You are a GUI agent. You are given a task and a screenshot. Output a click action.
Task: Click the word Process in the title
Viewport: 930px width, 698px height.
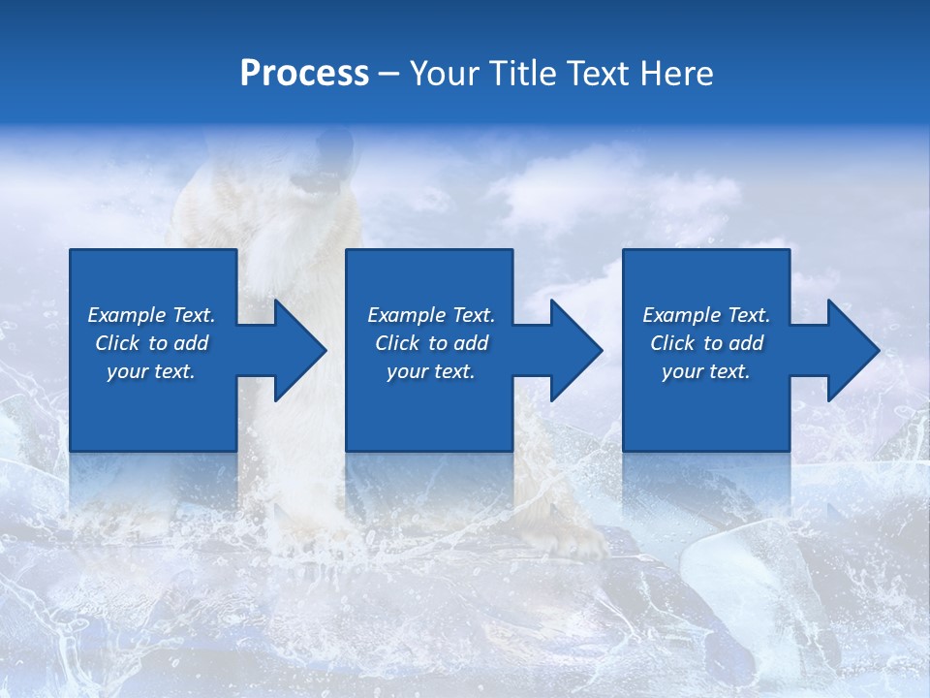[304, 74]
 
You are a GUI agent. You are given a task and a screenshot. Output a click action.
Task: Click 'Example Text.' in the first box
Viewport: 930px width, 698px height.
[151, 315]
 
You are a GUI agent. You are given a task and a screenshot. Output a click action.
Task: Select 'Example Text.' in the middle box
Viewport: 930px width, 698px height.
[431, 315]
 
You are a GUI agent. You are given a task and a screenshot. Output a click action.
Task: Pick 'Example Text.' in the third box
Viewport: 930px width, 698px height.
[706, 315]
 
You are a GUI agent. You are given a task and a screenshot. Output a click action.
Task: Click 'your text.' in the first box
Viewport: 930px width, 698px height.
[151, 371]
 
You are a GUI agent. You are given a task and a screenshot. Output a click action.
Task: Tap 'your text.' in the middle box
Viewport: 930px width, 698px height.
[431, 371]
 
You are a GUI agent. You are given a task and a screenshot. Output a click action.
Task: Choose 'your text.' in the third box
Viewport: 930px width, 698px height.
[706, 371]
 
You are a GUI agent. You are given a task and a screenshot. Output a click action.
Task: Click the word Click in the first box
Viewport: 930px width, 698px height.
[118, 343]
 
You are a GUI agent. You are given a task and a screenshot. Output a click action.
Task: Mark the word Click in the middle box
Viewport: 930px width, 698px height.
[398, 343]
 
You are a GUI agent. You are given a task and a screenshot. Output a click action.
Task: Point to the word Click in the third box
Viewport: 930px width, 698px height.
[673, 343]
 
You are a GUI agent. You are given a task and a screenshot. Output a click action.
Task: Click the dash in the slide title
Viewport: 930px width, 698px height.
[388, 75]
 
